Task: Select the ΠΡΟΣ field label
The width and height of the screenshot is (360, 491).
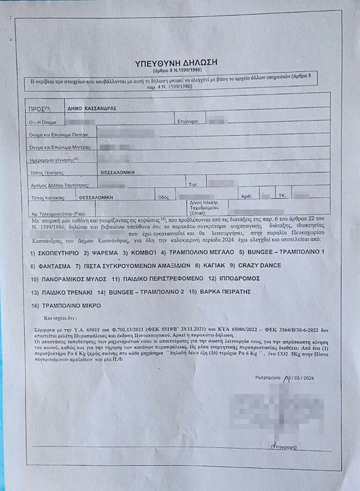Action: [x=38, y=109]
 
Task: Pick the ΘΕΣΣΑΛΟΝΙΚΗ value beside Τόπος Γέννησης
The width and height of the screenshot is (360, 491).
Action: [x=117, y=172]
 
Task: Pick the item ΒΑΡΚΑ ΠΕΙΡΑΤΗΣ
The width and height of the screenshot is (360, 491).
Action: [x=220, y=291]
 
